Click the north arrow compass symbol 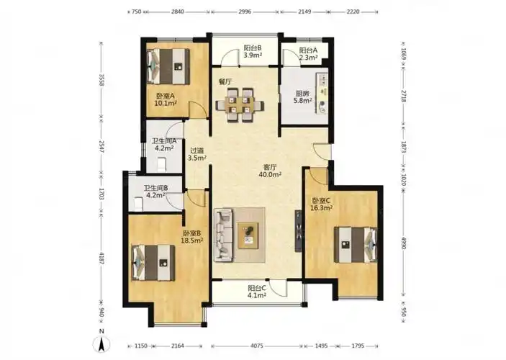pos(101,344)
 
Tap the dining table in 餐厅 pos(240,105)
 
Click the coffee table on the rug pos(248,235)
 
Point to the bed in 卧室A pos(168,66)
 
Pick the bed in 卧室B pos(153,263)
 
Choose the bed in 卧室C pos(356,245)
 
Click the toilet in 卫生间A pos(161,164)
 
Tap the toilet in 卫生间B pos(138,204)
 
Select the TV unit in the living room pos(299,230)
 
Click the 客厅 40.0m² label pos(270,171)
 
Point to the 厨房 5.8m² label pos(302,97)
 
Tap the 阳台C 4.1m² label pos(257,292)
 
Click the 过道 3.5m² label pos(196,154)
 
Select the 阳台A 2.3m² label pos(308,54)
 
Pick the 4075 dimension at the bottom pos(257,346)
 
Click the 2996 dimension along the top pos(245,12)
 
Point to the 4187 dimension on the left pos(101,258)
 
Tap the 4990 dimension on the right pos(403,243)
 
